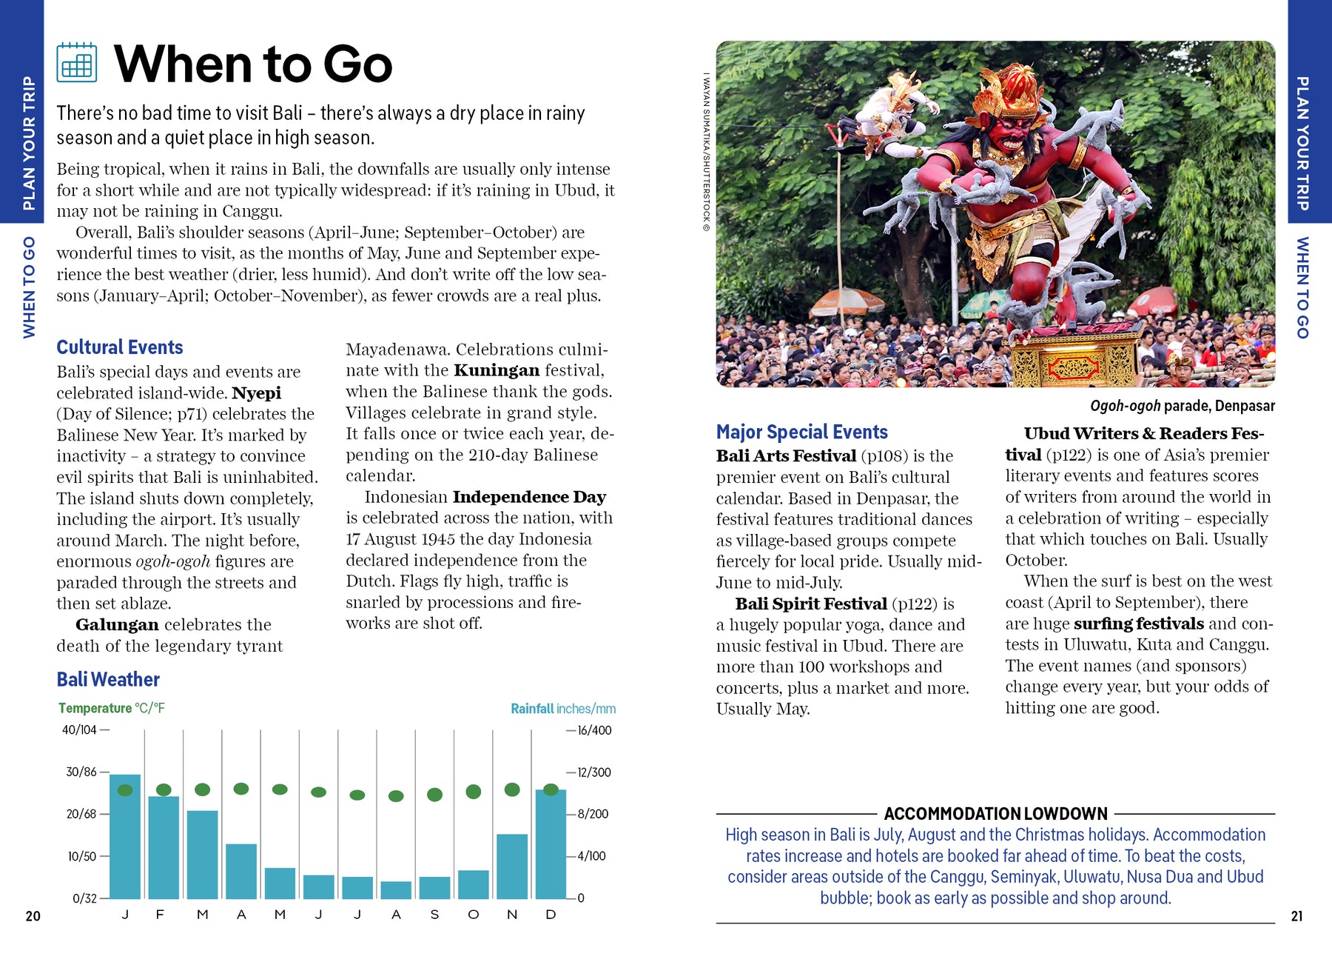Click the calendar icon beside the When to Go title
point(76,62)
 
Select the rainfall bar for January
point(125,837)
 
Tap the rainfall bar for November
point(512,866)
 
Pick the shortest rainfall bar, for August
point(396,889)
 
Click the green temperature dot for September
point(434,795)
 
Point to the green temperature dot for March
point(202,789)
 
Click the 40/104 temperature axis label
point(79,730)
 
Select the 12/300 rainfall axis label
point(594,772)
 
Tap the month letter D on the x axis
point(551,915)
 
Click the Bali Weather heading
point(108,679)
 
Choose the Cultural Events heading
point(120,347)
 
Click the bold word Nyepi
point(256,393)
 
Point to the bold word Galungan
point(117,625)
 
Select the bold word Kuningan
point(497,370)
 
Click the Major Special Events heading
point(801,432)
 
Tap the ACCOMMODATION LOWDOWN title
point(995,814)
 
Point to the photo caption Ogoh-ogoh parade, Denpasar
point(1182,406)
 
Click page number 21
point(1296,916)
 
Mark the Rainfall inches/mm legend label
point(562,709)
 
